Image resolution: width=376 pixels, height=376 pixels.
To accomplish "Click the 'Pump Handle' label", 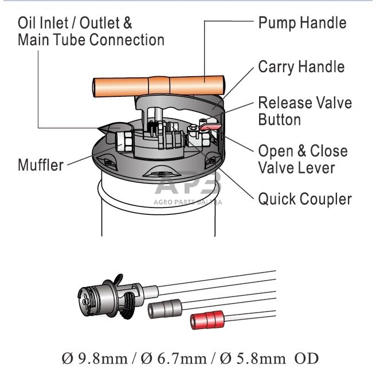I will (302, 23).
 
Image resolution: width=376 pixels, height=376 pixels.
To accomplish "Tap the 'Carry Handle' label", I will (301, 66).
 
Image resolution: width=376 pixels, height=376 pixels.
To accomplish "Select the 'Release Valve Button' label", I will (304, 111).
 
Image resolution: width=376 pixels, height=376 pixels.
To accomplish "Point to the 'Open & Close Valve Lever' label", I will (303, 159).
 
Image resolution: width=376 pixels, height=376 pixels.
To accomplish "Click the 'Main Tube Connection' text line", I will (91, 40).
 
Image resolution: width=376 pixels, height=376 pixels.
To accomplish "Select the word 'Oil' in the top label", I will (27, 23).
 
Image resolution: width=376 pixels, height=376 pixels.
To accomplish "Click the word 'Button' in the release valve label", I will (279, 119).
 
